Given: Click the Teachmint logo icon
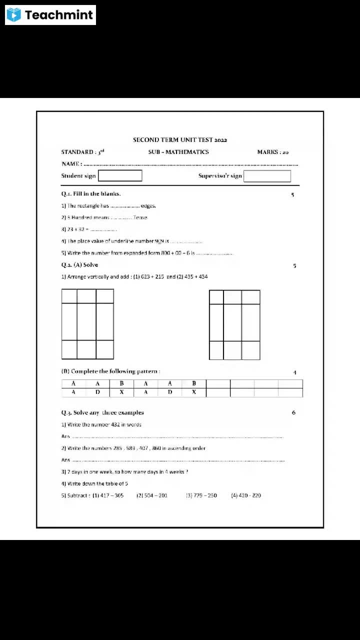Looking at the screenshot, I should coord(14,15).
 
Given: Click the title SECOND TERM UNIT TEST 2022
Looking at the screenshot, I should coord(180,140).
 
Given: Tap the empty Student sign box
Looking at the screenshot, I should coord(120,175).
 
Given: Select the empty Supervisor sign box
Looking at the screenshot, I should coord(267,176).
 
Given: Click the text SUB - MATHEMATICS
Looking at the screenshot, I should coord(178,152).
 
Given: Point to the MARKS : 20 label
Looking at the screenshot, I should coord(272,152).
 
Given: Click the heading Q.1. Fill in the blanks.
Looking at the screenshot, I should coord(91,193).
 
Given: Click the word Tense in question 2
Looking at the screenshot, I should coord(140,217).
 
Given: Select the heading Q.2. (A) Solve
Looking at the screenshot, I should coord(79,264).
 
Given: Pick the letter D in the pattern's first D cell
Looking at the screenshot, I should coord(97,392).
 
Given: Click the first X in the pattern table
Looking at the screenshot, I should coord(121,392).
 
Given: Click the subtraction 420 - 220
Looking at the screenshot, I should coord(249,495).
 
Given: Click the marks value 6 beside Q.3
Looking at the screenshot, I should coord(293,412).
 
